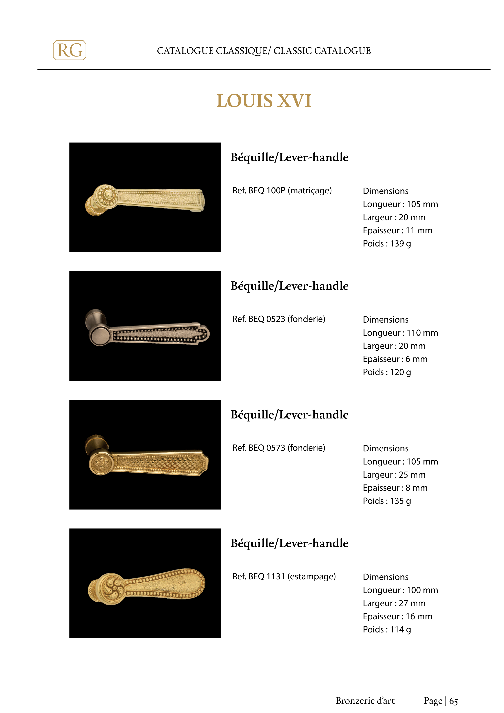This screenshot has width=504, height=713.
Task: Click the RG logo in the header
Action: tap(70, 50)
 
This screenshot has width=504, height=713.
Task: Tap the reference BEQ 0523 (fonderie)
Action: tap(279, 319)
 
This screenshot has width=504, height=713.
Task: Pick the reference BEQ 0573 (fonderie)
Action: tap(279, 448)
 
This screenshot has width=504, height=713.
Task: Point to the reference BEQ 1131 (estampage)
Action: tap(284, 576)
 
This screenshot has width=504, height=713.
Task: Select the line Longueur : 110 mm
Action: tap(400, 333)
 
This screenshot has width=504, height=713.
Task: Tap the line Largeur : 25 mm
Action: tap(394, 475)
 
